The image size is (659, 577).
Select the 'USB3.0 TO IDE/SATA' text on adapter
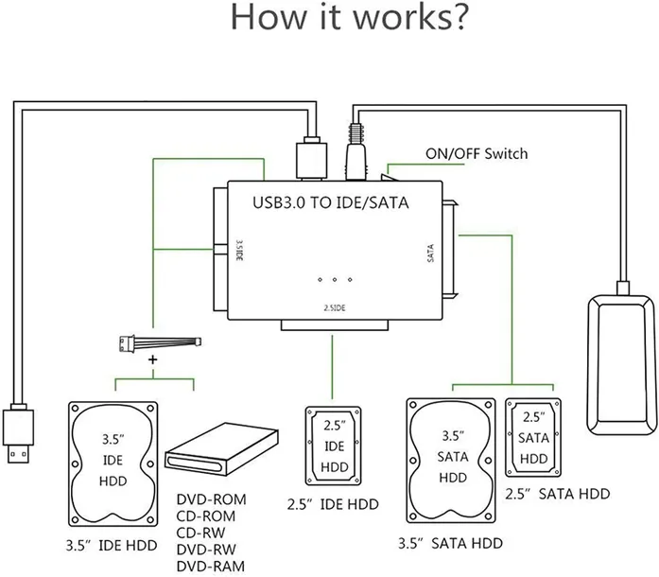pos(326,202)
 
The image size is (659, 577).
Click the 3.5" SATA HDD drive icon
pos(451,457)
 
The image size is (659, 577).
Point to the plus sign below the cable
pos(153,361)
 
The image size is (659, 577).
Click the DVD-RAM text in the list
pos(210,565)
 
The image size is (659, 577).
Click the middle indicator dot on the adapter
pos(336,280)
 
